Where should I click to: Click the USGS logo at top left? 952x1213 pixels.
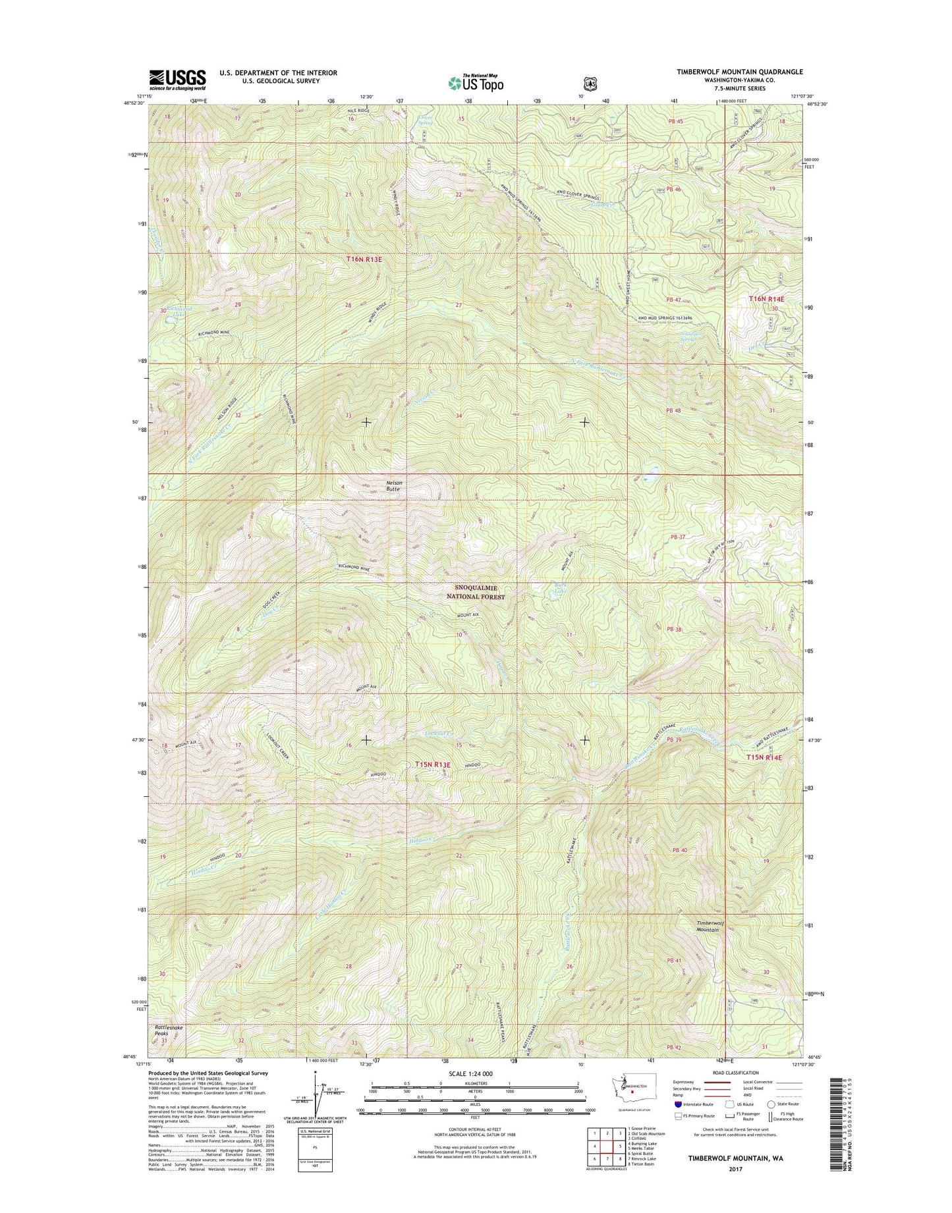point(177,79)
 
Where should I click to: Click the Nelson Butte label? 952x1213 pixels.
point(394,486)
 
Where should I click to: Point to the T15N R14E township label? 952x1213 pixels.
point(764,758)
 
